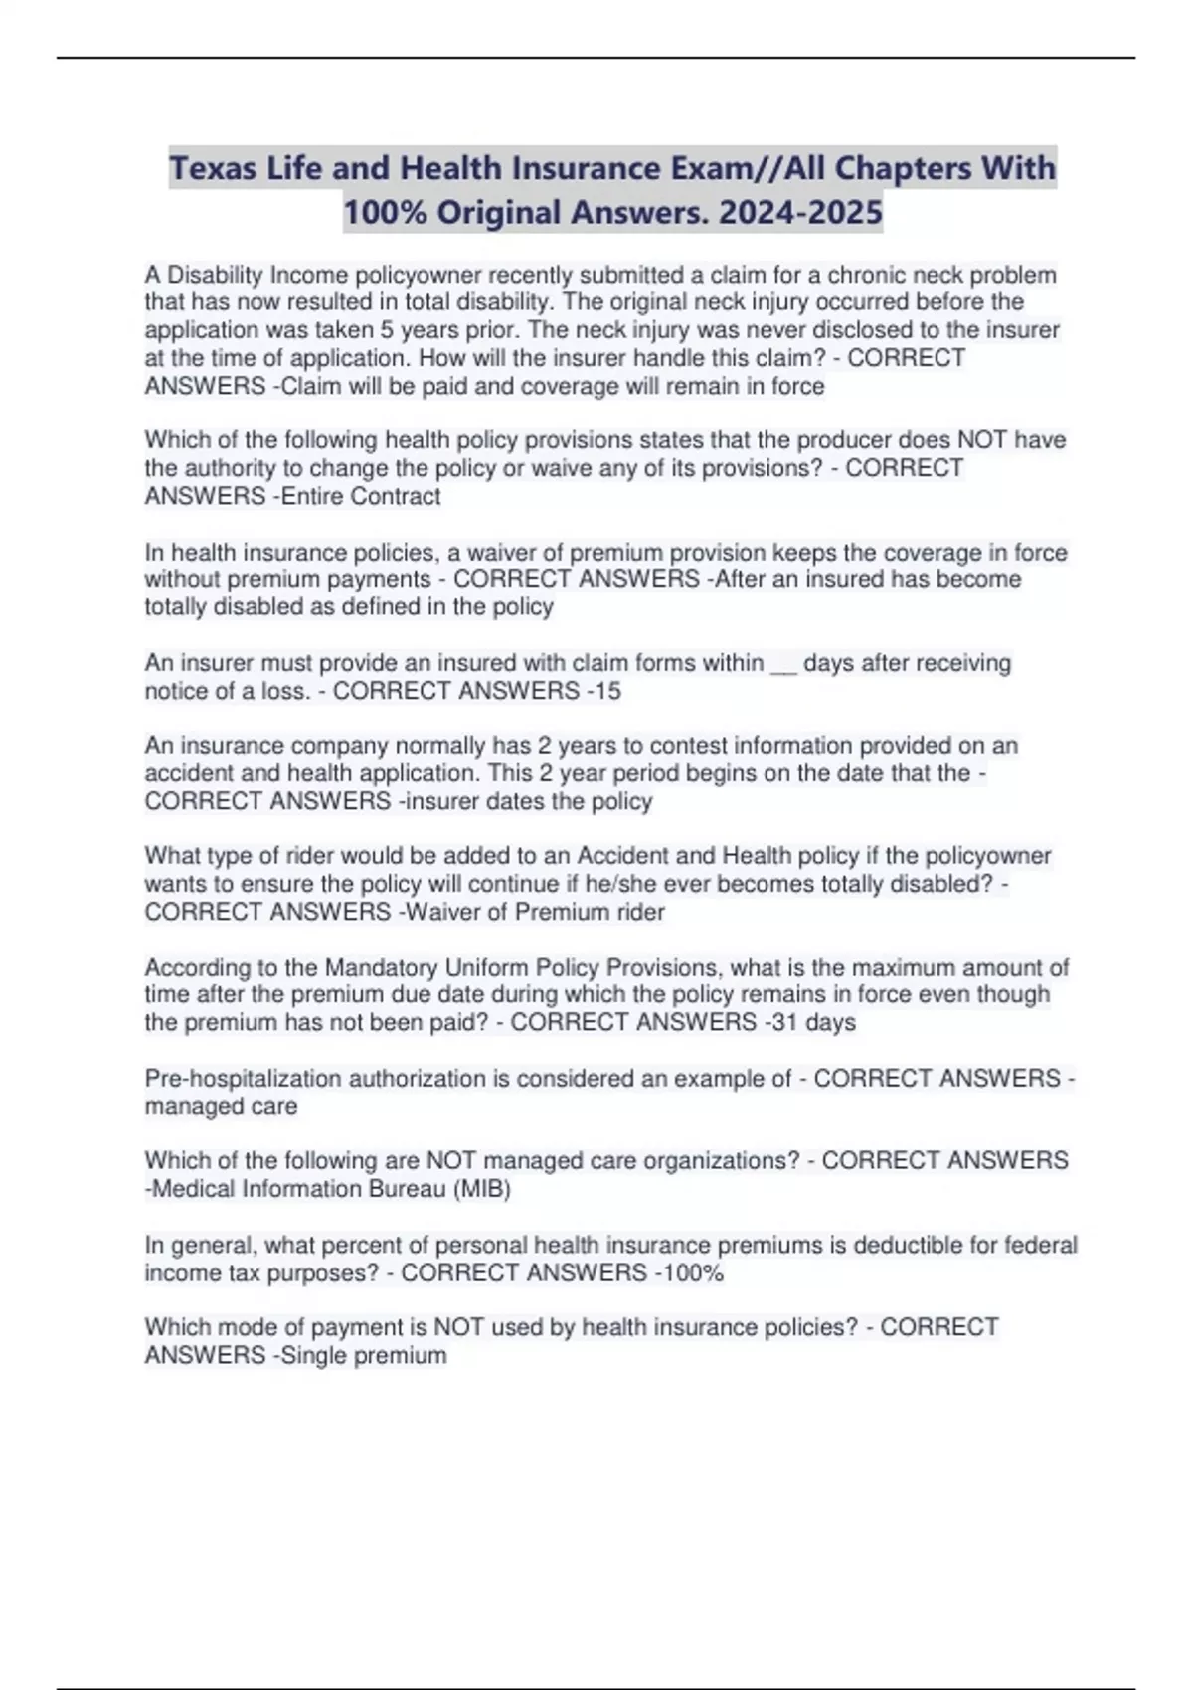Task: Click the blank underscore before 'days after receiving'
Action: click(783, 663)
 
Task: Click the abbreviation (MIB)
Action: click(482, 1189)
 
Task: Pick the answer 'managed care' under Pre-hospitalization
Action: click(221, 1106)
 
